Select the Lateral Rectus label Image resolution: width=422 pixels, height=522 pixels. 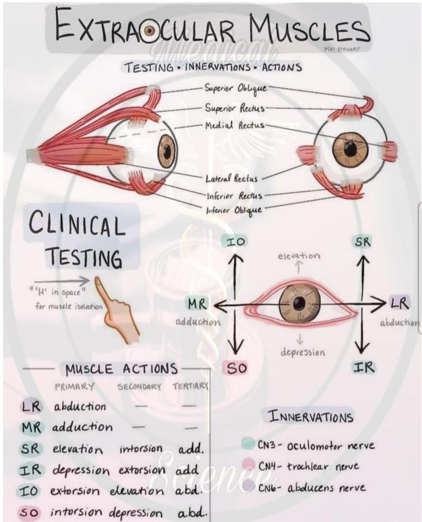click(231, 178)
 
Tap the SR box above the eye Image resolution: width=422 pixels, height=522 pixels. click(362, 241)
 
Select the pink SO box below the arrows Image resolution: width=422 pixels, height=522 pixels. click(236, 368)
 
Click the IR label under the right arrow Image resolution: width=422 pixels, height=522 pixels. click(364, 367)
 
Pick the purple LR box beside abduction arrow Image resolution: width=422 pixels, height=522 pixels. click(399, 302)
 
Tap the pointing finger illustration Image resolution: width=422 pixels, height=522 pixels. click(117, 307)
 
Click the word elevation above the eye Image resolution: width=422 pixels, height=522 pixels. click(299, 256)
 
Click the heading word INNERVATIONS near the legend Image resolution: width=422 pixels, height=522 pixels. click(311, 417)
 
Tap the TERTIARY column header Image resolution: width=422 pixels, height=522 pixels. click(190, 387)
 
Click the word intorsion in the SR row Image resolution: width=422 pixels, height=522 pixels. click(141, 449)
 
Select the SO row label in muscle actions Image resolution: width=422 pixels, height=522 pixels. click(29, 514)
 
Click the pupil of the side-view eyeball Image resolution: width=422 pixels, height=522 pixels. click(166, 151)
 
